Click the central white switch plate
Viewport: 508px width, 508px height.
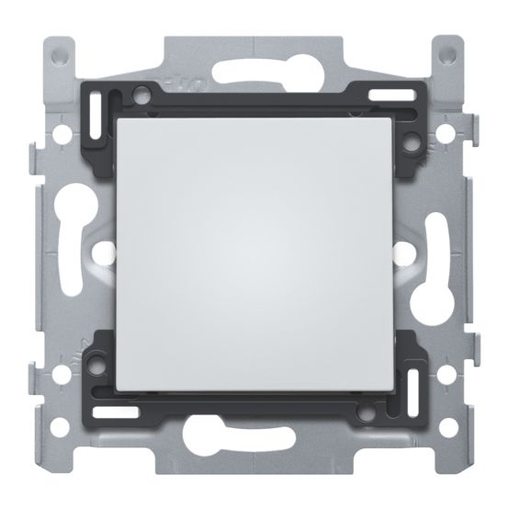pos(254,253)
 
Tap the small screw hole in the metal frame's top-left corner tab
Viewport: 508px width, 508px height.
pos(61,56)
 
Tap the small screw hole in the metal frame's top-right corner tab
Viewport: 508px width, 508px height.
pos(447,56)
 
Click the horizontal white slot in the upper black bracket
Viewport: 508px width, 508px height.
pos(387,94)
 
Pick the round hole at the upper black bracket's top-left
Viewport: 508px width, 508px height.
pos(140,93)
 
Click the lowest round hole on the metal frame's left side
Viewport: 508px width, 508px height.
pos(60,427)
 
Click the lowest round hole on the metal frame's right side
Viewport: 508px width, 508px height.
pos(448,427)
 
